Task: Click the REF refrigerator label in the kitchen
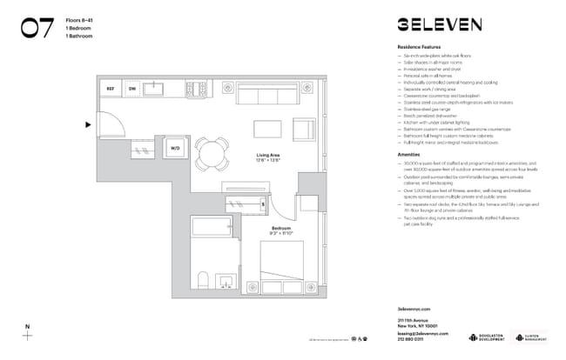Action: pos(111,89)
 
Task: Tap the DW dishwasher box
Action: pos(132,89)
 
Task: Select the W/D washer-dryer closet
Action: pos(174,148)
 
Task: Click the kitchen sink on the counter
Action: pos(159,88)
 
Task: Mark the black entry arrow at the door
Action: pos(87,124)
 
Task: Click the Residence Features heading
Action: pos(419,46)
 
